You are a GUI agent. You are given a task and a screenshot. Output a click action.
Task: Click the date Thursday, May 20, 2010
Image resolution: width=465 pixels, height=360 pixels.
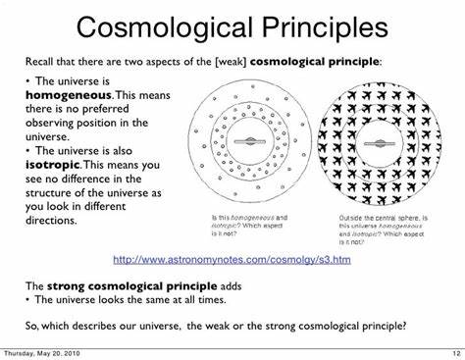43,354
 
